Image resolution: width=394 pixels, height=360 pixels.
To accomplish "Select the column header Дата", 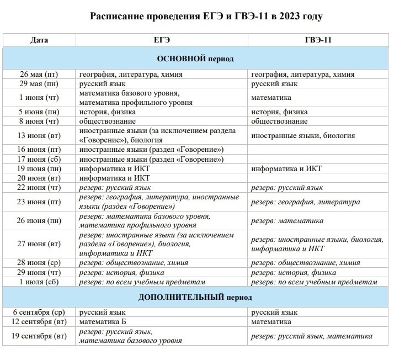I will pos(39,40).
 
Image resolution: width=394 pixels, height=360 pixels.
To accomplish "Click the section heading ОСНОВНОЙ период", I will pos(195,59).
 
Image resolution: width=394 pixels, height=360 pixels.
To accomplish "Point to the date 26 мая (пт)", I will pos(39,74).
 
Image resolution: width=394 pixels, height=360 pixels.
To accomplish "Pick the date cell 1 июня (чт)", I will pos(39,98).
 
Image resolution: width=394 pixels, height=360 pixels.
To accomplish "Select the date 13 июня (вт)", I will pos(39,135).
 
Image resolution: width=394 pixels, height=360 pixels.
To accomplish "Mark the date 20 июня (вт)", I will pos(39,178).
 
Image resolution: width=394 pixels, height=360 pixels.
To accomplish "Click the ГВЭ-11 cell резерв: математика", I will pos(287,221).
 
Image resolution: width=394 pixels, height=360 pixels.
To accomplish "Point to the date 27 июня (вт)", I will pos(39,243).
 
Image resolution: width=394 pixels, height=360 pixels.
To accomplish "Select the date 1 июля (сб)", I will pos(39,282).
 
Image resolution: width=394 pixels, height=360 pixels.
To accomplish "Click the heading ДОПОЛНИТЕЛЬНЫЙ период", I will pos(195,297).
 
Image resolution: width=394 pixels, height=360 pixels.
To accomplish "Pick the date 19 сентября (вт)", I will pos(39,336).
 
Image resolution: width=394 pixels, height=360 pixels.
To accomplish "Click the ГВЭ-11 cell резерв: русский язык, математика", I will pos(311,336).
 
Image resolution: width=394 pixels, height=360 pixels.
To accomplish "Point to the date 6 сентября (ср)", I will pos(39,313).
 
